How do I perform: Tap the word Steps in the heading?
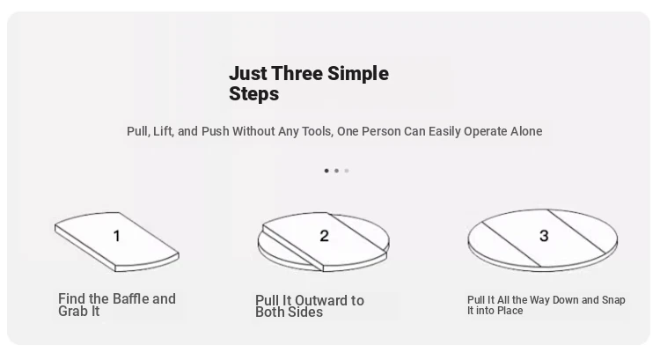(x=253, y=94)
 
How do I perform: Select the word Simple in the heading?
(x=358, y=74)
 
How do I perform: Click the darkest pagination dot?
(x=326, y=171)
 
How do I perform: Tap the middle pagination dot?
(x=337, y=171)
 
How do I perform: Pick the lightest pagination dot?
(x=347, y=171)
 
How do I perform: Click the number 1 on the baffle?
(x=117, y=236)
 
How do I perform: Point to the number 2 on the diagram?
(x=324, y=236)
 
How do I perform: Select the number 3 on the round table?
(x=544, y=236)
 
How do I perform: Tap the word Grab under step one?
(x=70, y=312)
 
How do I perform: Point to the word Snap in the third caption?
(x=613, y=301)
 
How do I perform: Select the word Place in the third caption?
(x=511, y=311)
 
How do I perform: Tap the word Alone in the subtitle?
(x=526, y=131)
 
